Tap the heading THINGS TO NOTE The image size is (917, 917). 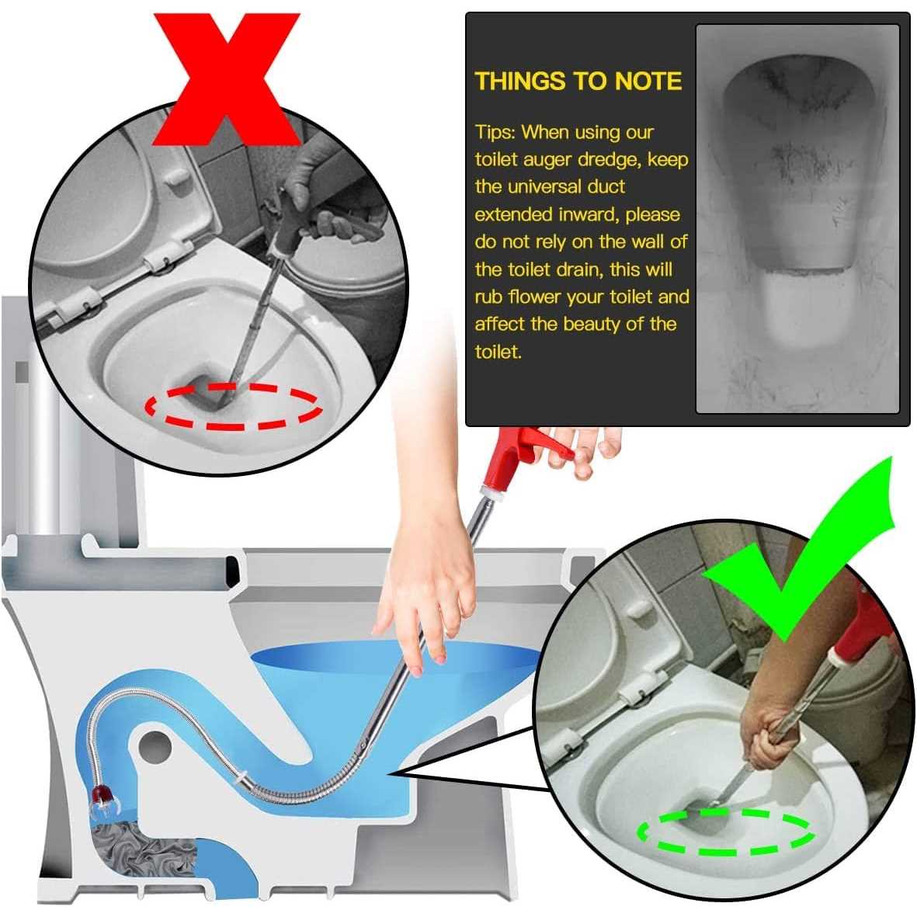[x=578, y=82]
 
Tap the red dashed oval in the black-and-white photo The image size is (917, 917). [x=234, y=405]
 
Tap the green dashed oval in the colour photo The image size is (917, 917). [x=725, y=832]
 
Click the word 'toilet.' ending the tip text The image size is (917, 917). [x=498, y=353]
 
